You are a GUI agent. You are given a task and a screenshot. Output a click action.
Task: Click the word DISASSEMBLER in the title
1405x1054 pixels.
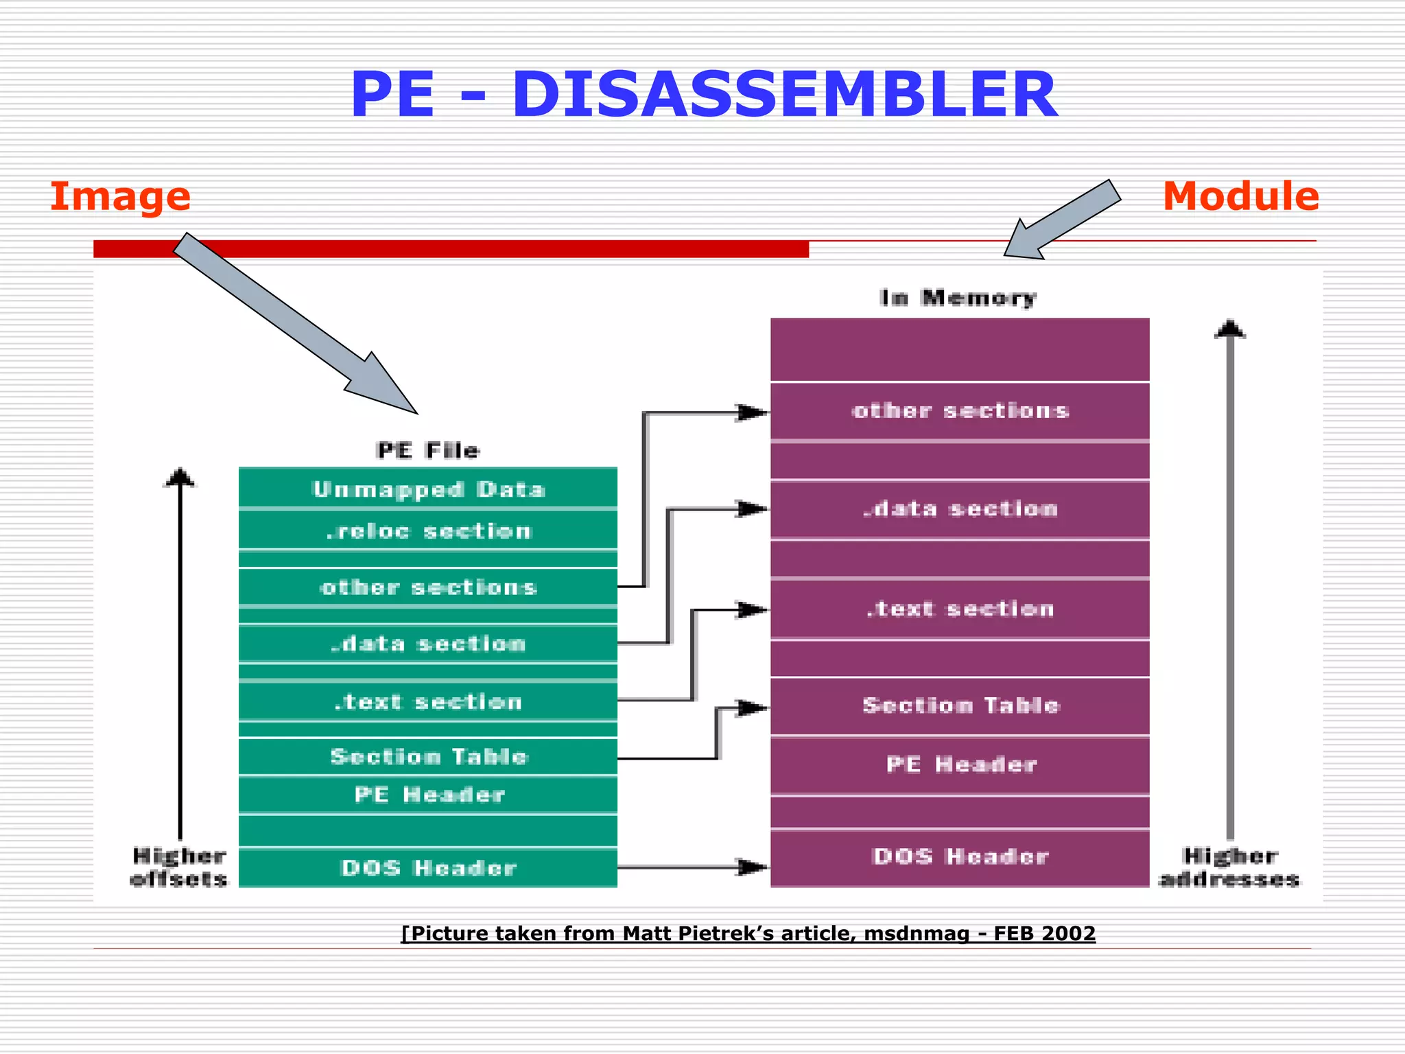tap(784, 95)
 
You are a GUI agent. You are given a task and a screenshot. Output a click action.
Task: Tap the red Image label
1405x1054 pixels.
tap(120, 196)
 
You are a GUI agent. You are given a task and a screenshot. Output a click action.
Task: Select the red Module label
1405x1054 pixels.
tap(1240, 196)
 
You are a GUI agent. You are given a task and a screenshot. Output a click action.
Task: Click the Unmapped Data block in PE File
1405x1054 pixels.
tap(428, 489)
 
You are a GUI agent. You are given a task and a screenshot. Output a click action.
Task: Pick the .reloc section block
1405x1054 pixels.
tap(428, 531)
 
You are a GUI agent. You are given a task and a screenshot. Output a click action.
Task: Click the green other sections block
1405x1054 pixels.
tap(428, 587)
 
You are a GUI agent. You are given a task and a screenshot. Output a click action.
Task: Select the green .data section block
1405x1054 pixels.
tap(428, 644)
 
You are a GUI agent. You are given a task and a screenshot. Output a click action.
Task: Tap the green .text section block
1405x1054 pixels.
tap(428, 701)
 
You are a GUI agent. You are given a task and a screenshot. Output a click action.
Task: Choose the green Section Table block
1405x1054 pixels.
tap(428, 756)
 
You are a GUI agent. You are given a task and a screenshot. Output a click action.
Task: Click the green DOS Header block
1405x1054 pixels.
tap(428, 868)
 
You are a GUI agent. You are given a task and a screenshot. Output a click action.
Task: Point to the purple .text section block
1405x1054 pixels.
tap(960, 609)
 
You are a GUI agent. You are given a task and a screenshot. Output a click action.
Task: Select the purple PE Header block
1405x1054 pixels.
tap(960, 764)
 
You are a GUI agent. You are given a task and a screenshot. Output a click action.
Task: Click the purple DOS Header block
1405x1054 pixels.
tap(960, 856)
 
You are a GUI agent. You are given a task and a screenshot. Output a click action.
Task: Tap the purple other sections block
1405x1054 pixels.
tap(960, 410)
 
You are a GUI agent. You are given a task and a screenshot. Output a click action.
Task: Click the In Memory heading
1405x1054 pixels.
tap(958, 298)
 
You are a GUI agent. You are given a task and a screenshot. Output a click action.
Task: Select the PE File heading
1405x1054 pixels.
tap(428, 451)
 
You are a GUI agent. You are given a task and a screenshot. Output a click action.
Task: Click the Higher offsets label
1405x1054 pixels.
tap(178, 867)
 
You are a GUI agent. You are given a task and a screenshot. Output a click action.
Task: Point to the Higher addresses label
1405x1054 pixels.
tap(1229, 867)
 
